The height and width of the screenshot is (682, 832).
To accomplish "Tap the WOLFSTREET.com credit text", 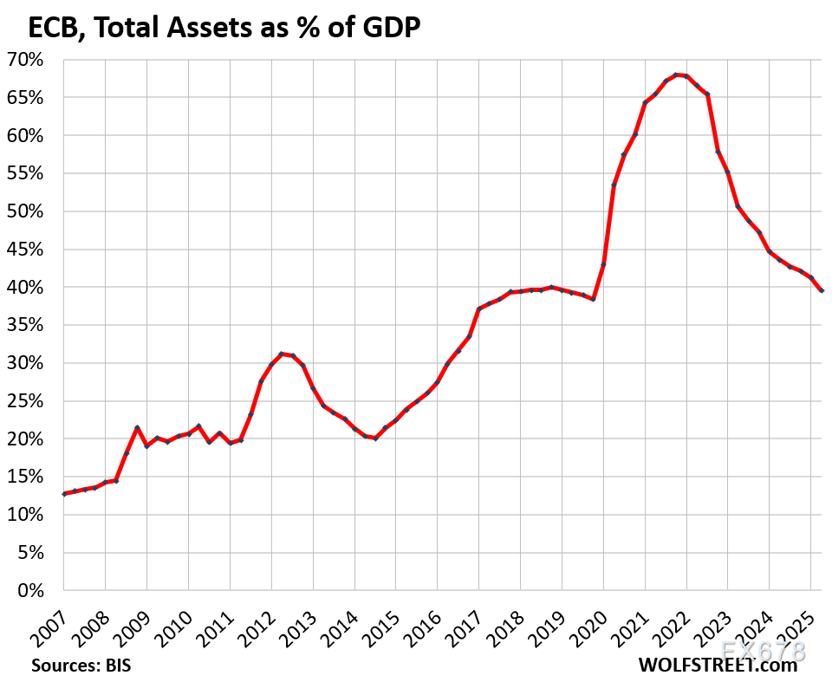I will tap(718, 666).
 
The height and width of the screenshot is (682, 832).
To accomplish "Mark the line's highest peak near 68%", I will tap(676, 75).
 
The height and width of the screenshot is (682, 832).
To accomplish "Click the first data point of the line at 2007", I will tap(64, 494).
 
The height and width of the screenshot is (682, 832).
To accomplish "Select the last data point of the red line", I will tap(821, 290).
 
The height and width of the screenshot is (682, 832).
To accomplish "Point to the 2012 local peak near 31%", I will tap(281, 354).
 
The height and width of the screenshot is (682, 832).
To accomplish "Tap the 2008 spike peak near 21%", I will tap(137, 428).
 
